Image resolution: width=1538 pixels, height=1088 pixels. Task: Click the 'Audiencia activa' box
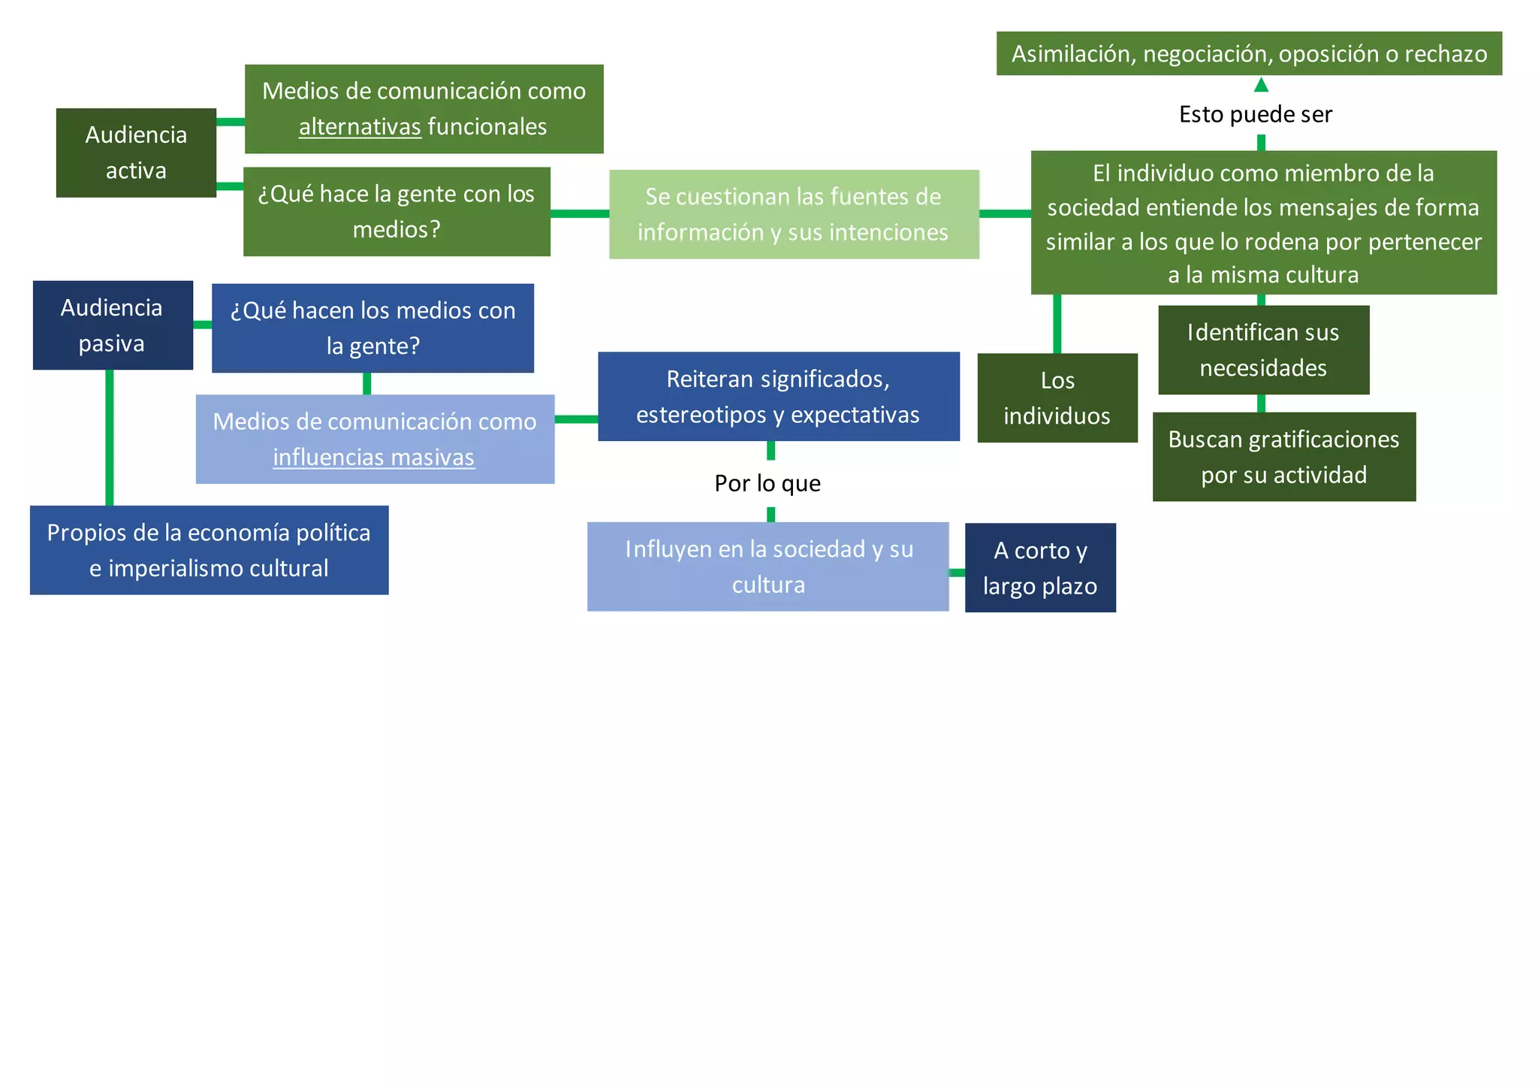coord(136,153)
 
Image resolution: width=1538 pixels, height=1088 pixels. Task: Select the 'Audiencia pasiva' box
coord(113,325)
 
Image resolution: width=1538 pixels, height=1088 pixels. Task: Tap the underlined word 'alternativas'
coord(360,127)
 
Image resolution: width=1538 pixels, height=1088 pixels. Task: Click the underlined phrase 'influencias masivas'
coord(373,458)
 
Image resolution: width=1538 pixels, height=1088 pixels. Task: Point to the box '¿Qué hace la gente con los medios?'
coord(397,211)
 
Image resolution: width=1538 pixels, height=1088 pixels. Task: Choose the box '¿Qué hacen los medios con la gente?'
coord(372,328)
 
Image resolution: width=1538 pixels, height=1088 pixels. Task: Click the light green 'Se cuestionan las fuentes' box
coord(794,214)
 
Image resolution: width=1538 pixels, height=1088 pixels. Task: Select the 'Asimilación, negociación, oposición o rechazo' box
coord(1249,53)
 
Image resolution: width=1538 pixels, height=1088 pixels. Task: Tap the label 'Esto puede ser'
coord(1256,114)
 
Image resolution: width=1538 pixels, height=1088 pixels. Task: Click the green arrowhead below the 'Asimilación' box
coord(1262,85)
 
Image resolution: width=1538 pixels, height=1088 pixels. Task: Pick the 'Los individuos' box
coord(1057,397)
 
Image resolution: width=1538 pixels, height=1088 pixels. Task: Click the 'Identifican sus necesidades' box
coord(1263,350)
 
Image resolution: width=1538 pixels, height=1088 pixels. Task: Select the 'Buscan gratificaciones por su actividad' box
coord(1284,457)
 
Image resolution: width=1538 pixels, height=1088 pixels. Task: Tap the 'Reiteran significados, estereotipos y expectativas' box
coord(779,397)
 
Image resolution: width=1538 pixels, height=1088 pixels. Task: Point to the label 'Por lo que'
coord(767,483)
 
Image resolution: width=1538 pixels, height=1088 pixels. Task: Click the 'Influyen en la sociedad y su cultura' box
coord(768,567)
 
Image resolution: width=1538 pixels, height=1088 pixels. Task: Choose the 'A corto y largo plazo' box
coord(1040,568)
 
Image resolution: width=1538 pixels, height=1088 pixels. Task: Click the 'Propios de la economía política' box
coord(209,550)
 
